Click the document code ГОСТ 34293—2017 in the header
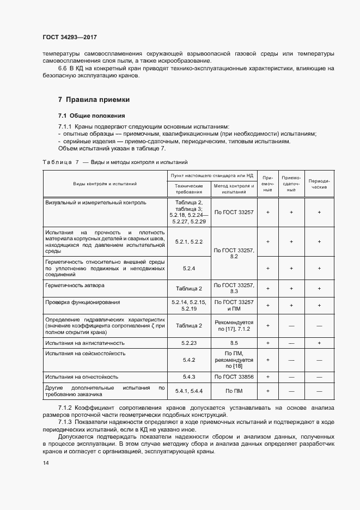[x=70, y=38]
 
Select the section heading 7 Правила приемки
[x=94, y=100]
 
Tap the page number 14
[x=46, y=463]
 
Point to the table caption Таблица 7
[x=60, y=162]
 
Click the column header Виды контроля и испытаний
[x=105, y=184]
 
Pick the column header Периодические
[x=319, y=184]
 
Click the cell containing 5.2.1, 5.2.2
[x=188, y=241]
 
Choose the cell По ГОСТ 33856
[x=234, y=377]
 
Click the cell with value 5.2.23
[x=188, y=343]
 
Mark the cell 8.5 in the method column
[x=234, y=343]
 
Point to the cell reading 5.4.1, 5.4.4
[x=188, y=391]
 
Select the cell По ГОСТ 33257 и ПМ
[x=234, y=305]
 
